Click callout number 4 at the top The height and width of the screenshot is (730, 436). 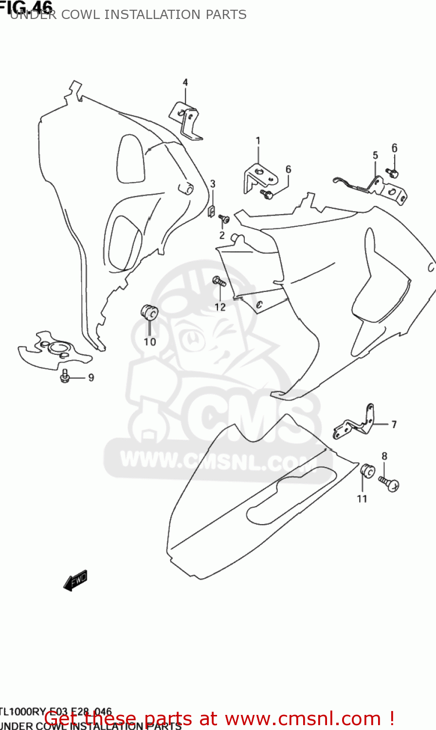185,83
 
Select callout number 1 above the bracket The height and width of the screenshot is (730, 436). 258,141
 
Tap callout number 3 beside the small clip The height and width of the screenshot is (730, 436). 213,184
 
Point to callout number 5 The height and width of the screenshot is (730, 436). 375,155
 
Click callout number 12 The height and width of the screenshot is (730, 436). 220,307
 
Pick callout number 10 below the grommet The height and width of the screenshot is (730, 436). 150,342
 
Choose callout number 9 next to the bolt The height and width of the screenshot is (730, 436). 91,378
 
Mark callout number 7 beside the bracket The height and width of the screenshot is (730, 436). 394,424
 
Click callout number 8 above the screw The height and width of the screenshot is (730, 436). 384,456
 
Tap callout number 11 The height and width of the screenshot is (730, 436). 362,498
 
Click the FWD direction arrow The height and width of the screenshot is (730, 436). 75,580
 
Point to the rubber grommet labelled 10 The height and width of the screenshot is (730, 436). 148,311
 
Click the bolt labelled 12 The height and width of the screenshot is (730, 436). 218,281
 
